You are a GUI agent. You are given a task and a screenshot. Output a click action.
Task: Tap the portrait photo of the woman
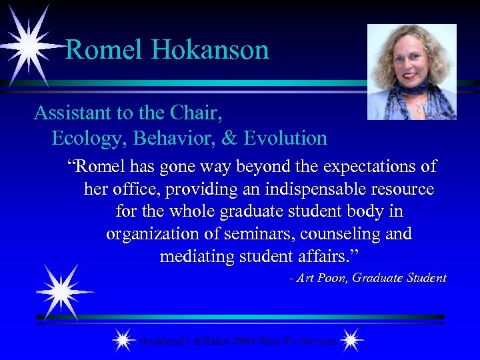[x=411, y=72]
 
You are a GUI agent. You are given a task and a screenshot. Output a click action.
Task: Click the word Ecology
[x=89, y=138]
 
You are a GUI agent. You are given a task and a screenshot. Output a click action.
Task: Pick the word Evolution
[x=286, y=138]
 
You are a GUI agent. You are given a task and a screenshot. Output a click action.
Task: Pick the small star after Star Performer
[x=351, y=341]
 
